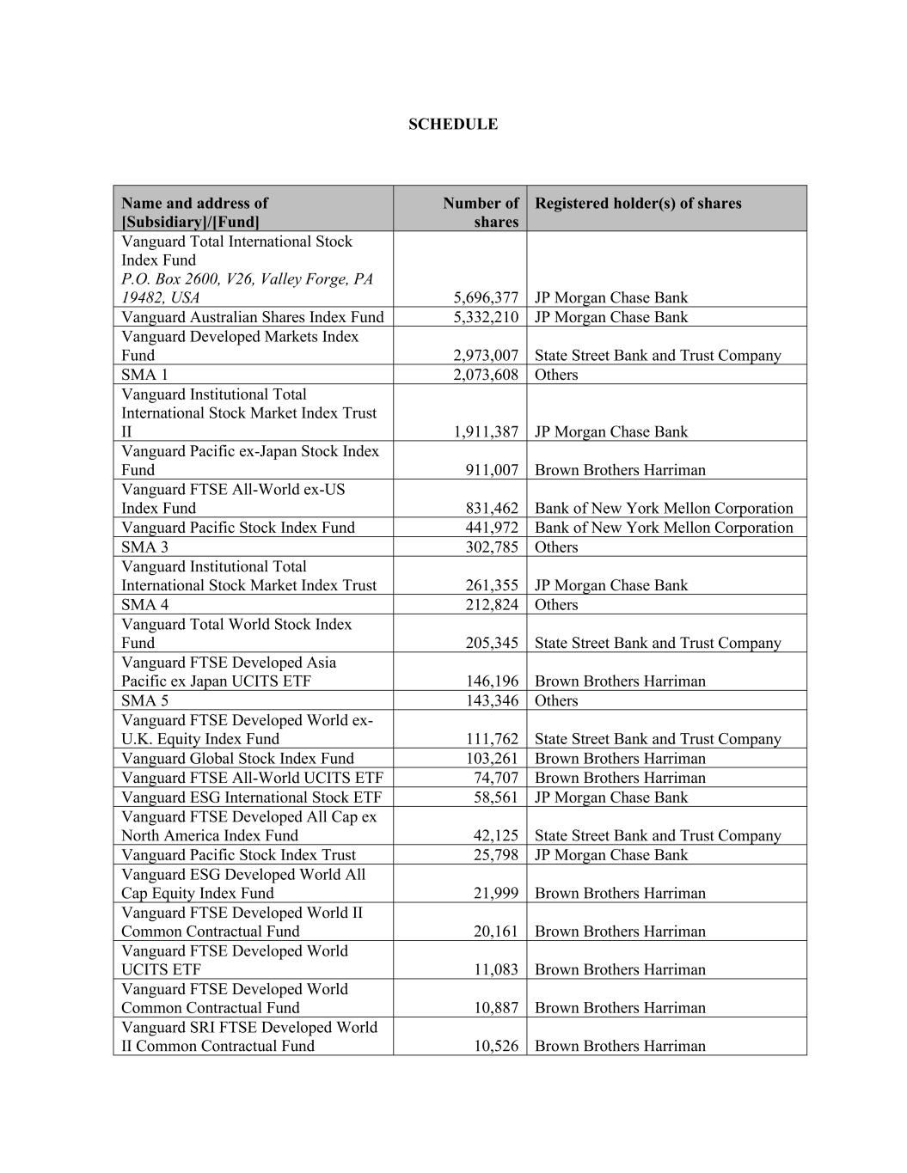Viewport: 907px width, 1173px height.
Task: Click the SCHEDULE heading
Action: [x=452, y=124]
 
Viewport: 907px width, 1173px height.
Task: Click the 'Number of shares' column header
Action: [x=481, y=212]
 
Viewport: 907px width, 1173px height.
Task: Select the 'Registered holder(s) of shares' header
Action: [x=637, y=204]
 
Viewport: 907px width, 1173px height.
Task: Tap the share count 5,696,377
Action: [x=486, y=297]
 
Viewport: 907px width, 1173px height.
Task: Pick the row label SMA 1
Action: [x=144, y=375]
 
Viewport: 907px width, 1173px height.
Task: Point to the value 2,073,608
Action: [x=486, y=375]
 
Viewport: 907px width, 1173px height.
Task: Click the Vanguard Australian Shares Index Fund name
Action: [x=252, y=317]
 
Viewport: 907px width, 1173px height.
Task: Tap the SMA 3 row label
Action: [x=144, y=547]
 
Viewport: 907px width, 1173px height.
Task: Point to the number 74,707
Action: [x=496, y=778]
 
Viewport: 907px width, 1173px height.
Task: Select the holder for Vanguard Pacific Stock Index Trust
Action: [x=610, y=855]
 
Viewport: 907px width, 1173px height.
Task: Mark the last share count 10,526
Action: [x=496, y=1046]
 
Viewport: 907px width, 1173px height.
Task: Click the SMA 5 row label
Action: [x=144, y=700]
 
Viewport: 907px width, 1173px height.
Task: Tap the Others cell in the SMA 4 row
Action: [x=556, y=605]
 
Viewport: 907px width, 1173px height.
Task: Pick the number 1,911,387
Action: [x=486, y=431]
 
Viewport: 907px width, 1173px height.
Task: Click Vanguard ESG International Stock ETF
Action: [x=251, y=797]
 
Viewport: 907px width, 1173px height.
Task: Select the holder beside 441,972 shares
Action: [x=663, y=528]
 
